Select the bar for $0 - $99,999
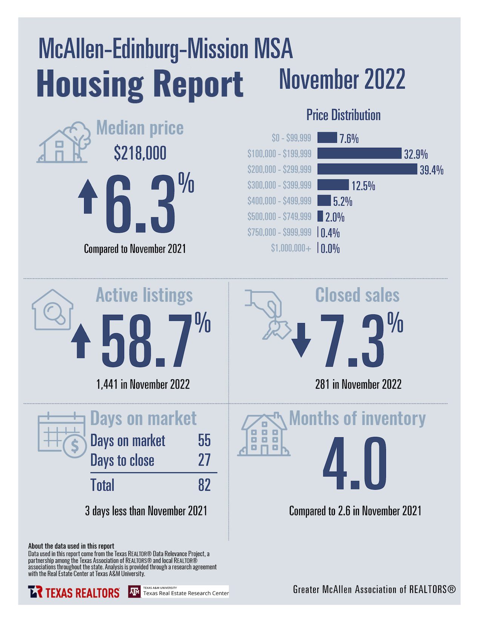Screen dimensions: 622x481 (327, 138)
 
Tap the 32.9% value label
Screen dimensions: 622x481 (416, 154)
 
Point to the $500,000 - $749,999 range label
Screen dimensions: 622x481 (279, 216)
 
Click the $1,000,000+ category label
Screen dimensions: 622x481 (291, 248)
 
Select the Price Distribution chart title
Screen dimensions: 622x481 (343, 115)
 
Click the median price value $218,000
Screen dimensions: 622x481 (140, 153)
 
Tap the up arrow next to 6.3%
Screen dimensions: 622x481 (88, 196)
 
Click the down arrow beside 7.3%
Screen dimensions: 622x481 (301, 340)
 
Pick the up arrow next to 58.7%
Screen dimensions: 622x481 (81, 341)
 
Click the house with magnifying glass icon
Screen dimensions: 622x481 (52, 310)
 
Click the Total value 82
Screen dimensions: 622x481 (204, 485)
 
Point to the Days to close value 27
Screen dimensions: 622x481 (204, 460)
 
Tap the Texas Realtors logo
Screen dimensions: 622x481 (74, 592)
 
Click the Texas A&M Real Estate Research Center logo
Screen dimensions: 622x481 (178, 591)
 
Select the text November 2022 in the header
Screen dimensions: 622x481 (342, 80)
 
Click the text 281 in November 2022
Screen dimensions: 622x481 (358, 385)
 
